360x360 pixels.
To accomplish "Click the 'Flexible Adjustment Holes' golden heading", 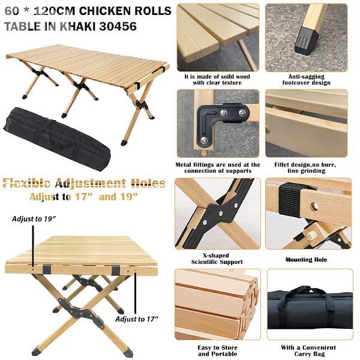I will [84, 183].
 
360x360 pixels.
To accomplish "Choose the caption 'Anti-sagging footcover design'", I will [306, 80].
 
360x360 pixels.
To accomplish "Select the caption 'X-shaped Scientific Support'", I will [217, 258].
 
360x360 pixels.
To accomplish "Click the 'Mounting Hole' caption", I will [306, 260].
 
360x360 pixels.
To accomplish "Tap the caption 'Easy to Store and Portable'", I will [217, 351].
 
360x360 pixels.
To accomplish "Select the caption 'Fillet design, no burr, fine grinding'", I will [306, 168].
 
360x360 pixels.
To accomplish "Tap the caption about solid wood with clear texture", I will [217, 80].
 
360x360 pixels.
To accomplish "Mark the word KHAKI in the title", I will [82, 26].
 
